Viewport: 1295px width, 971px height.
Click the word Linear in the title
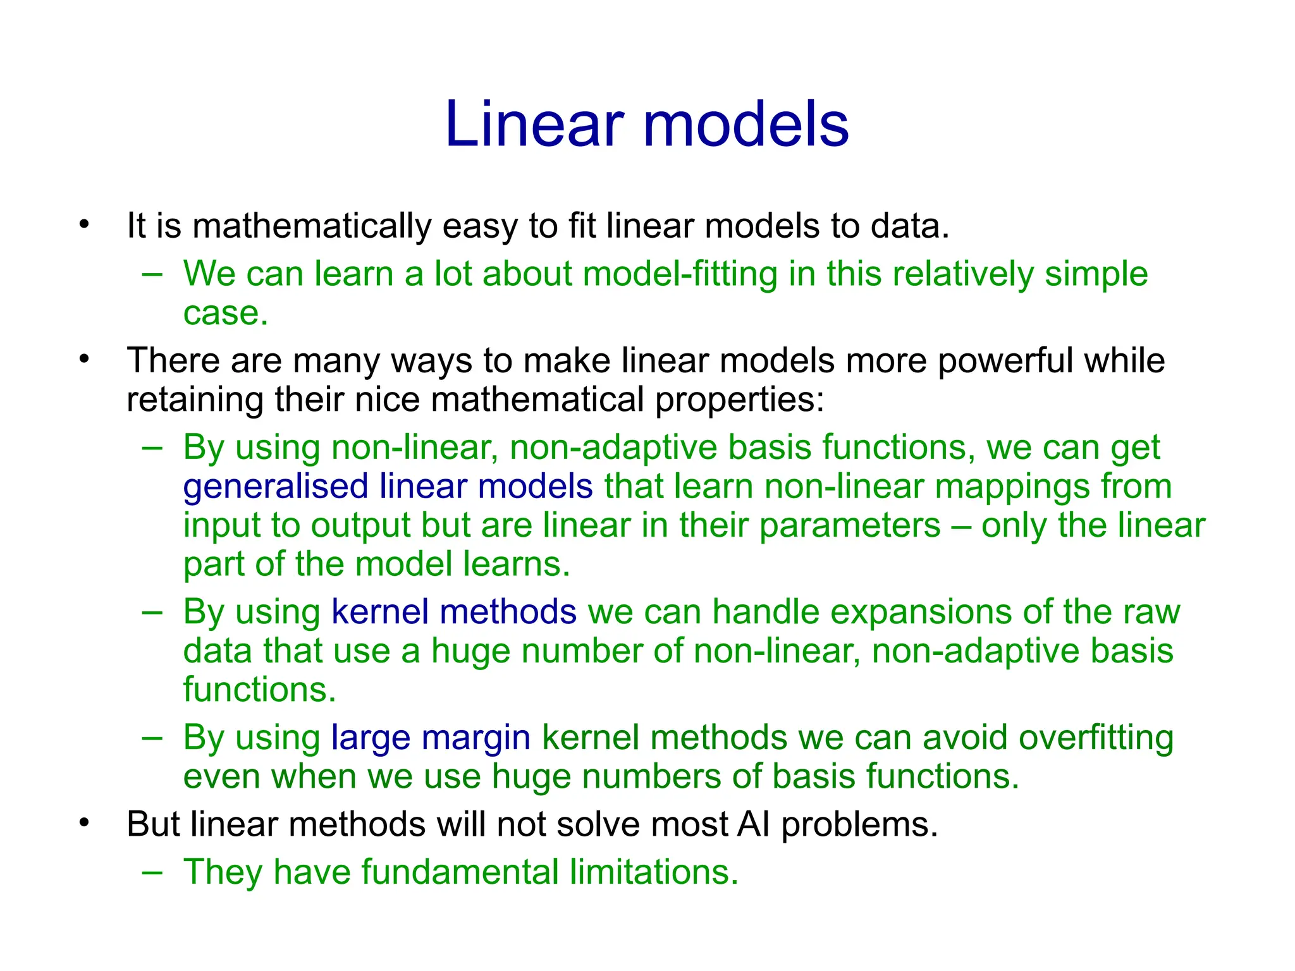(534, 125)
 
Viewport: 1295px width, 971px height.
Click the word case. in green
(226, 313)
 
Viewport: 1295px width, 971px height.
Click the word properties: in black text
(740, 400)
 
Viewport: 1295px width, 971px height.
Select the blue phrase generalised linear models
(388, 487)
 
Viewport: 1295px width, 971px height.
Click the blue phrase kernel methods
(453, 612)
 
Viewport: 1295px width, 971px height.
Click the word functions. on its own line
(259, 690)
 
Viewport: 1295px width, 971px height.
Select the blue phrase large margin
(431, 738)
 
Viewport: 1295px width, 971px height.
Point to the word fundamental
(460, 872)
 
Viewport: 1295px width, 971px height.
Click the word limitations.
(654, 872)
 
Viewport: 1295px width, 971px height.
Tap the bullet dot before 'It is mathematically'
(85, 224)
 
